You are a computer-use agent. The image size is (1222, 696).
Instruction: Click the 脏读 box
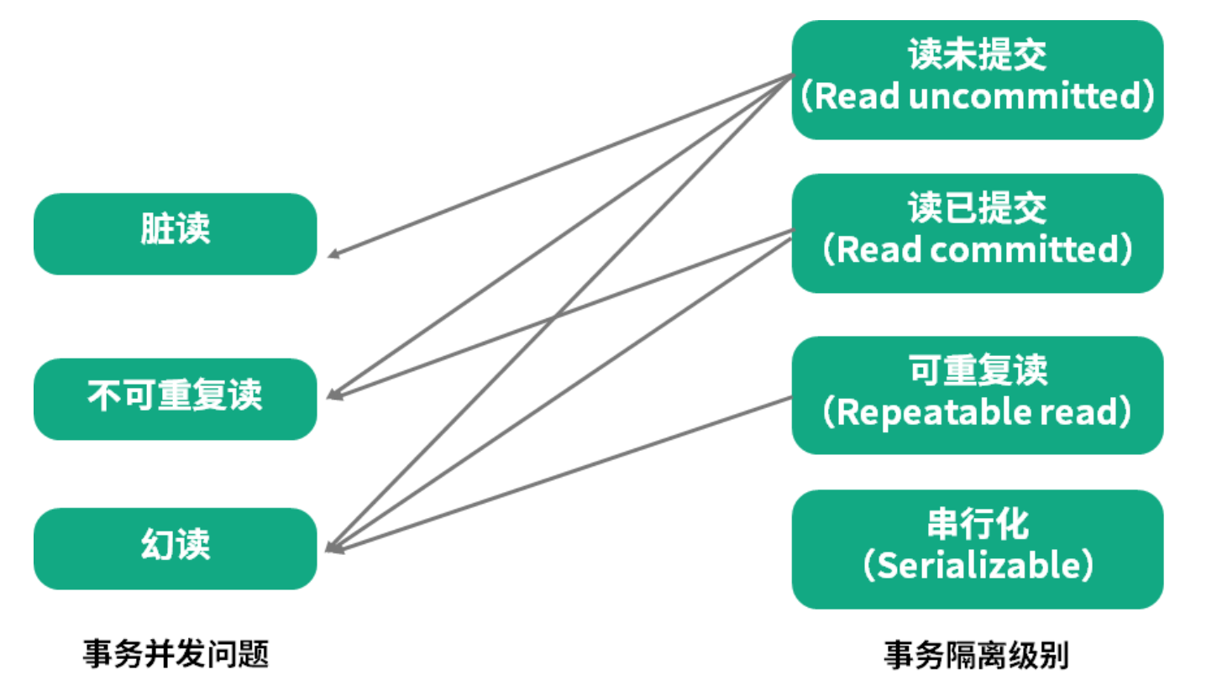(x=175, y=233)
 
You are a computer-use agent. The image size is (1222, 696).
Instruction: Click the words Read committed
(x=978, y=250)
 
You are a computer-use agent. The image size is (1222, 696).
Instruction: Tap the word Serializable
(x=978, y=566)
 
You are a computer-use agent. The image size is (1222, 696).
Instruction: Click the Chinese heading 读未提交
(x=978, y=56)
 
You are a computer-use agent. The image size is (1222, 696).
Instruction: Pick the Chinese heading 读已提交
(x=978, y=208)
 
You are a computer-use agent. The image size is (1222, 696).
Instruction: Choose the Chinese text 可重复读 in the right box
(x=978, y=371)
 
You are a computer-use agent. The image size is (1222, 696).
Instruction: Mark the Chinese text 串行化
(x=978, y=526)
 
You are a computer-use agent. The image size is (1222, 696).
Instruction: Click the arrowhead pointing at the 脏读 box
(x=333, y=254)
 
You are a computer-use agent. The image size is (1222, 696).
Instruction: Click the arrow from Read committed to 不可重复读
(x=655, y=280)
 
